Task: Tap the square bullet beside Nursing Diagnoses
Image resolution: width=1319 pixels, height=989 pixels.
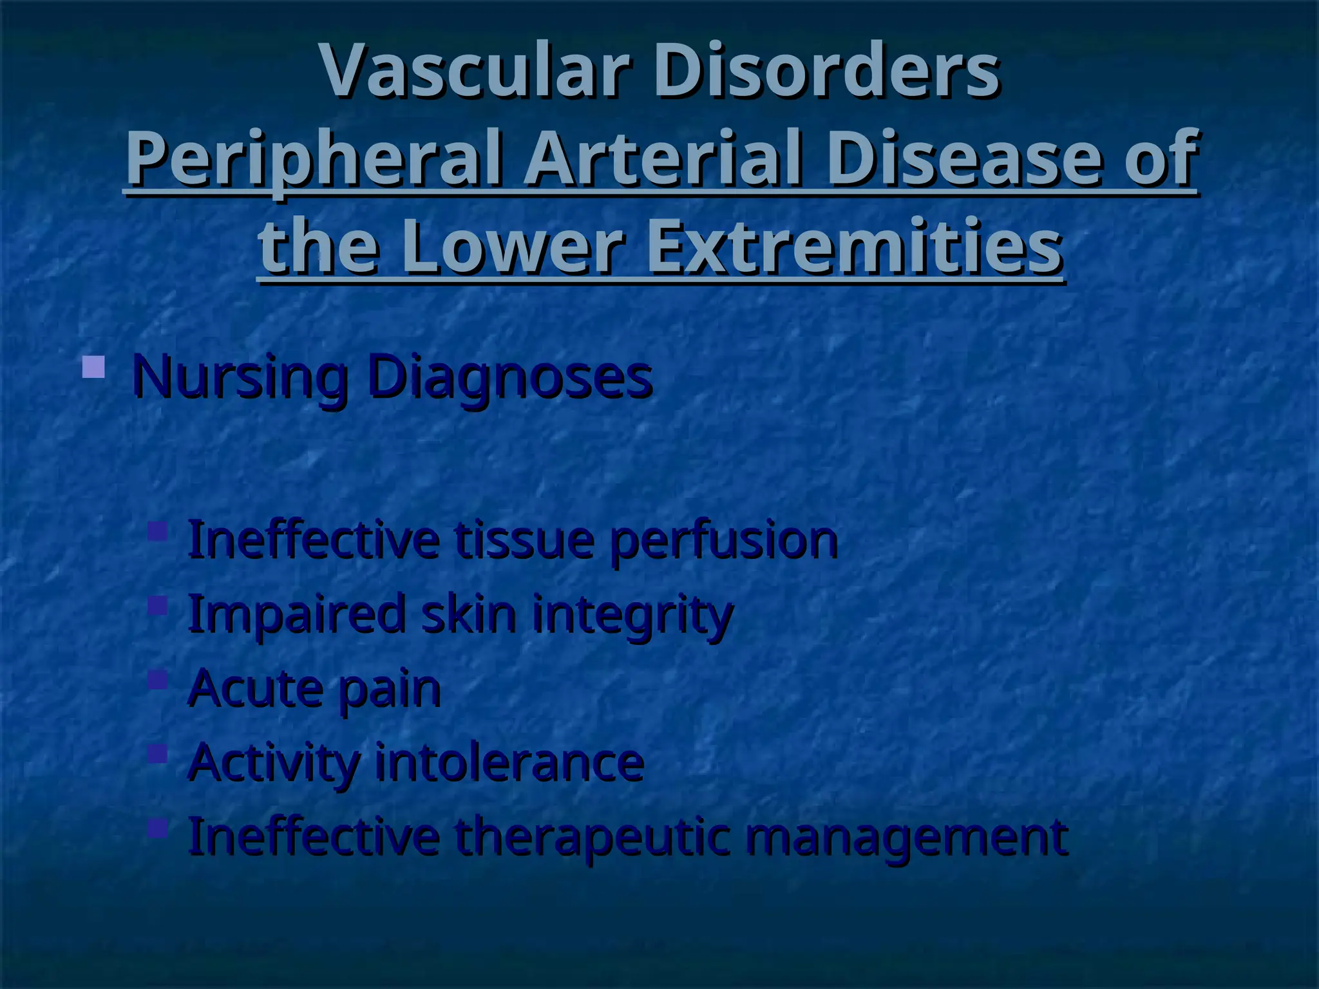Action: [94, 367]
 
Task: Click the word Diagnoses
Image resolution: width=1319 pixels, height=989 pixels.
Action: [510, 377]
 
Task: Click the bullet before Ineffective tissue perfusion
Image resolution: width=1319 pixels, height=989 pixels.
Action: [157, 531]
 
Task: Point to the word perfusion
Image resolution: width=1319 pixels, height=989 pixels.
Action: [724, 540]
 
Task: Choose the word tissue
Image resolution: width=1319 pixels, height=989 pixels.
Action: [524, 540]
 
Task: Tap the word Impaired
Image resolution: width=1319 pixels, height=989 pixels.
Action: [296, 614]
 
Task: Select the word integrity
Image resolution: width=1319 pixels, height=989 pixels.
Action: [632, 614]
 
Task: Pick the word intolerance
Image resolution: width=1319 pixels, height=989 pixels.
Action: [509, 762]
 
